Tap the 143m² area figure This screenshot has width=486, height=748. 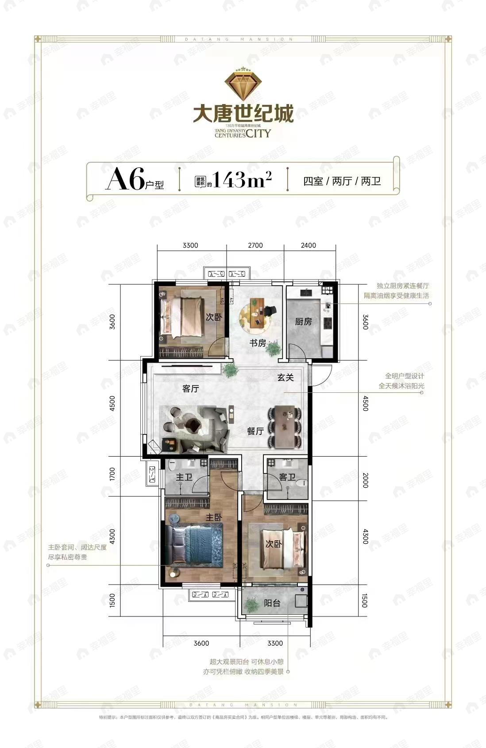tap(242, 180)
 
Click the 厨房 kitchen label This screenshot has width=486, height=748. tap(303, 322)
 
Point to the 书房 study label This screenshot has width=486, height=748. tap(258, 343)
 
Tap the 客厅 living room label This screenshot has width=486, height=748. tap(191, 388)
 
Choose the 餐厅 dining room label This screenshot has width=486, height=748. tap(255, 430)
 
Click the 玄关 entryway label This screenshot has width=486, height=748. tap(286, 377)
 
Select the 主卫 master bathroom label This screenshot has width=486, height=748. tap(184, 477)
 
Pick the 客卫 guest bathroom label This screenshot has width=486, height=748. tap(287, 477)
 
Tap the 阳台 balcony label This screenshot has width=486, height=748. tap(272, 603)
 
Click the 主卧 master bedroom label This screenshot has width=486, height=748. tap(214, 517)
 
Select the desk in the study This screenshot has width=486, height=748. tap(256, 312)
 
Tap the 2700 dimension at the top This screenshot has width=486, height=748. tap(255, 245)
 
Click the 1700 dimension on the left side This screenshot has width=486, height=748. tap(112, 474)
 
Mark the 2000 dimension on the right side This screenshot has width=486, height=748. tap(365, 480)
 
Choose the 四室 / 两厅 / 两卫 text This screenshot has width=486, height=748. tap(342, 181)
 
